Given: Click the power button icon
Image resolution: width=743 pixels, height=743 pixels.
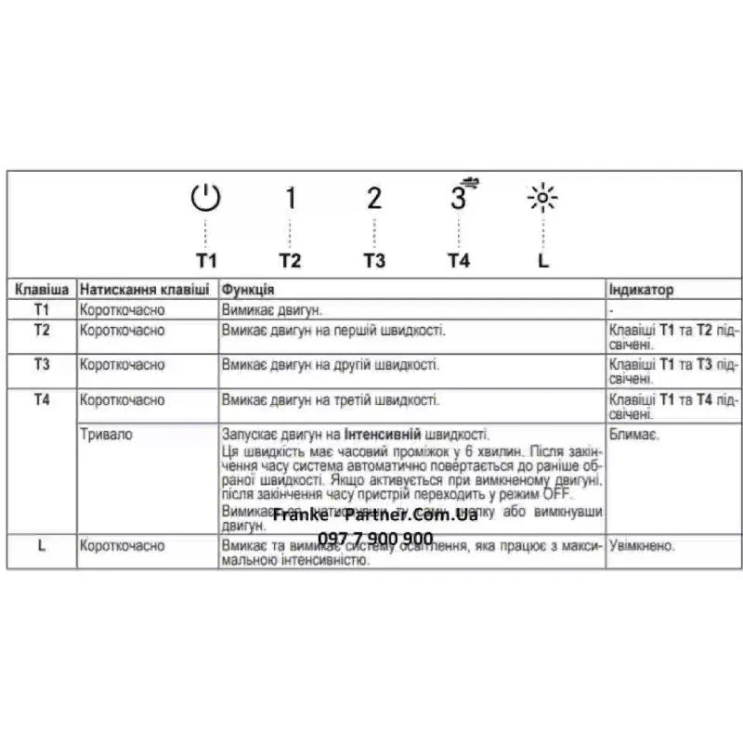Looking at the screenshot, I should [206, 198].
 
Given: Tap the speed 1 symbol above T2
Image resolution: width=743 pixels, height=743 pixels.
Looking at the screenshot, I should [290, 198].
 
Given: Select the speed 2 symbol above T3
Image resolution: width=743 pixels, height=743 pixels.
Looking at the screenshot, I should [374, 198].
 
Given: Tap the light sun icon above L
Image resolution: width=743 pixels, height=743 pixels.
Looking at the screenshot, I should [542, 199].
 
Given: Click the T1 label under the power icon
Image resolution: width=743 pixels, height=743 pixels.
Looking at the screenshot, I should [206, 260].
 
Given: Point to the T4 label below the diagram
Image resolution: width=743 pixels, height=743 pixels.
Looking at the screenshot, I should [459, 260].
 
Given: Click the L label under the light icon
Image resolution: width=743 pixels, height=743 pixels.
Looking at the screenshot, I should [543, 260].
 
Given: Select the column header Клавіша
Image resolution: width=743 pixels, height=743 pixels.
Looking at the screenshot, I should [42, 290].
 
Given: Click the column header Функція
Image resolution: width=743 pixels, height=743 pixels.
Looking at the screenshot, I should [248, 290].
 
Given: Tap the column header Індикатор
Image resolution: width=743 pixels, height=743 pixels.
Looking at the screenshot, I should [641, 290].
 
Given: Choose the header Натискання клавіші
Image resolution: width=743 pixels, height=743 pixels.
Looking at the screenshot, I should [144, 290].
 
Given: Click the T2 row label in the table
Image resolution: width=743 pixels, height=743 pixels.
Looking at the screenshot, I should [42, 330].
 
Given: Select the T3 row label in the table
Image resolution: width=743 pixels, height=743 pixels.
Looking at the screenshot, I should [42, 364].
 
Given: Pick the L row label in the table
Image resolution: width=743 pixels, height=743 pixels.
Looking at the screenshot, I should [42, 546].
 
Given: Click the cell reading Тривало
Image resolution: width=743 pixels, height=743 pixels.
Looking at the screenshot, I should [105, 435].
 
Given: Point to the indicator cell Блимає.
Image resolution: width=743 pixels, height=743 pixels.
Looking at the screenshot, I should [634, 435].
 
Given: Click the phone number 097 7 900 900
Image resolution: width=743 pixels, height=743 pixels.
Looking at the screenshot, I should [375, 540].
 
